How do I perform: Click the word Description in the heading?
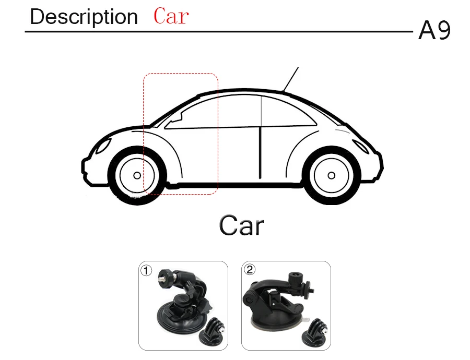point(84,17)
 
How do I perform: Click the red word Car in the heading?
point(171,16)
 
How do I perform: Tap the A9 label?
point(434,32)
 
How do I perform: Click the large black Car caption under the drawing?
point(241,226)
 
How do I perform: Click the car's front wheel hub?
point(136,175)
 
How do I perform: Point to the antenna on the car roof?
point(290,79)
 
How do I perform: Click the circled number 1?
point(147,270)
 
